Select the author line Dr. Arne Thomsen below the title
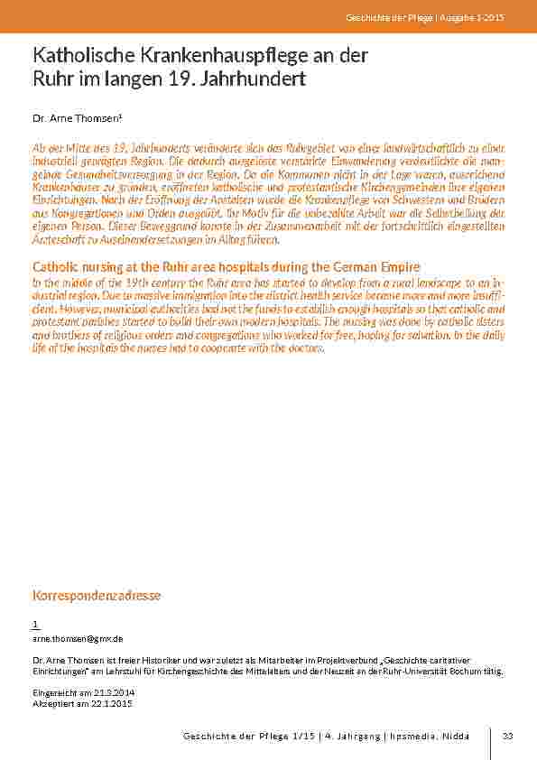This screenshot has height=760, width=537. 77,117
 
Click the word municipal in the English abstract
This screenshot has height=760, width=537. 135,308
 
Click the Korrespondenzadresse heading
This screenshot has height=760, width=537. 97,596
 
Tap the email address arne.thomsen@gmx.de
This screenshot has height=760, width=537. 78,638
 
